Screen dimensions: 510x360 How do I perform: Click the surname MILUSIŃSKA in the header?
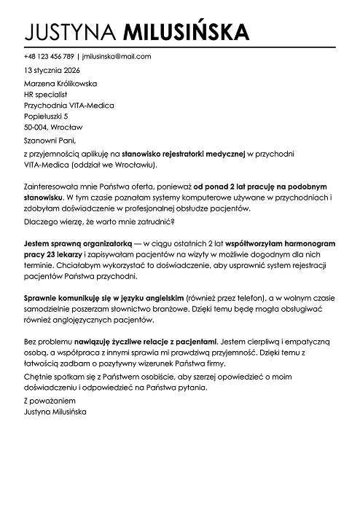click(x=187, y=31)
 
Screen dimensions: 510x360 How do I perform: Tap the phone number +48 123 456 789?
click(x=49, y=56)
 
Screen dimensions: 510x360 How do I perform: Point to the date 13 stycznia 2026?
click(x=53, y=71)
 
